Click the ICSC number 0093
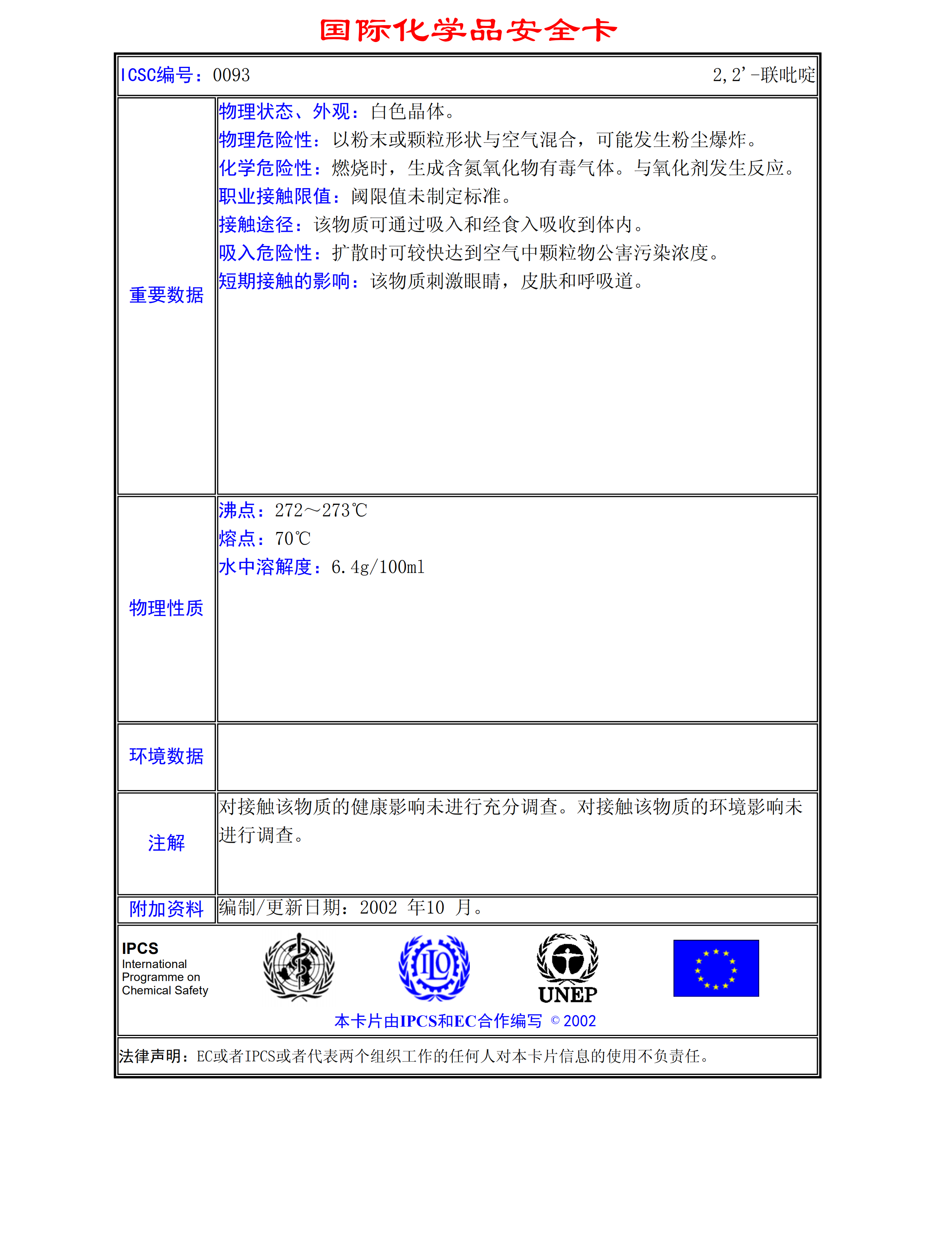coord(231,75)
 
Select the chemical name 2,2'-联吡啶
coord(763,75)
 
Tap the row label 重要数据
coord(166,295)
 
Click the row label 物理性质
coord(166,608)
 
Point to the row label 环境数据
coord(166,756)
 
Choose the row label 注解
coord(166,843)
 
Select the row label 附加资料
coord(166,909)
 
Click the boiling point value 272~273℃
coord(321,510)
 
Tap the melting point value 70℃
coord(293,539)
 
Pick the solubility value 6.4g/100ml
coord(377,567)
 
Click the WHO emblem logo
coord(299,967)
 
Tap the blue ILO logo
coord(434,967)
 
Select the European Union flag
coord(716,968)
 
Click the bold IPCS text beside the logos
coord(140,948)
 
